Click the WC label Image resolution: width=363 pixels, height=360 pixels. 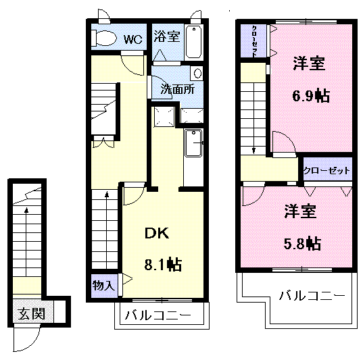coord(133,39)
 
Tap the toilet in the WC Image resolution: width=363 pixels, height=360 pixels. coord(103,38)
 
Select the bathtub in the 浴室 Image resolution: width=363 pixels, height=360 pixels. coord(194,42)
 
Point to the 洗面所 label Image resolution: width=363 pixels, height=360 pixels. coord(178,89)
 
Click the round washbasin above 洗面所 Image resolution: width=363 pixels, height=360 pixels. coord(197,74)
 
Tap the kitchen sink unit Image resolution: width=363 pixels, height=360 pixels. coord(193,143)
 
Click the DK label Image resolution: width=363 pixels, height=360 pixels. coord(157,233)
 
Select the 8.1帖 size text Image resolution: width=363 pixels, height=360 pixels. coord(163,264)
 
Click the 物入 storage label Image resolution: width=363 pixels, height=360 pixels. coord(103,286)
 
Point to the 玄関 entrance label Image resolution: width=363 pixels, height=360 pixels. coord(32,313)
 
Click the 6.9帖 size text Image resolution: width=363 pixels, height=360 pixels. coord(311,96)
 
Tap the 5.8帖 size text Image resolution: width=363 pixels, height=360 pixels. coord(302,244)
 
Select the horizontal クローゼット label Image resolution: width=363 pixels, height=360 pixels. coord(326,171)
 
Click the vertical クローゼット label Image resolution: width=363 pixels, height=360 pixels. coord(253,41)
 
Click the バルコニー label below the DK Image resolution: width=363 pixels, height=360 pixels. coord(158,315)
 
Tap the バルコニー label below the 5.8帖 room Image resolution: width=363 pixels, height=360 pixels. coord(312,296)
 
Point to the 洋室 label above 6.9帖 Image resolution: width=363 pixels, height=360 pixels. coord(309,63)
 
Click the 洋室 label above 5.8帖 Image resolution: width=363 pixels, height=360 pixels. coord(300,211)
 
